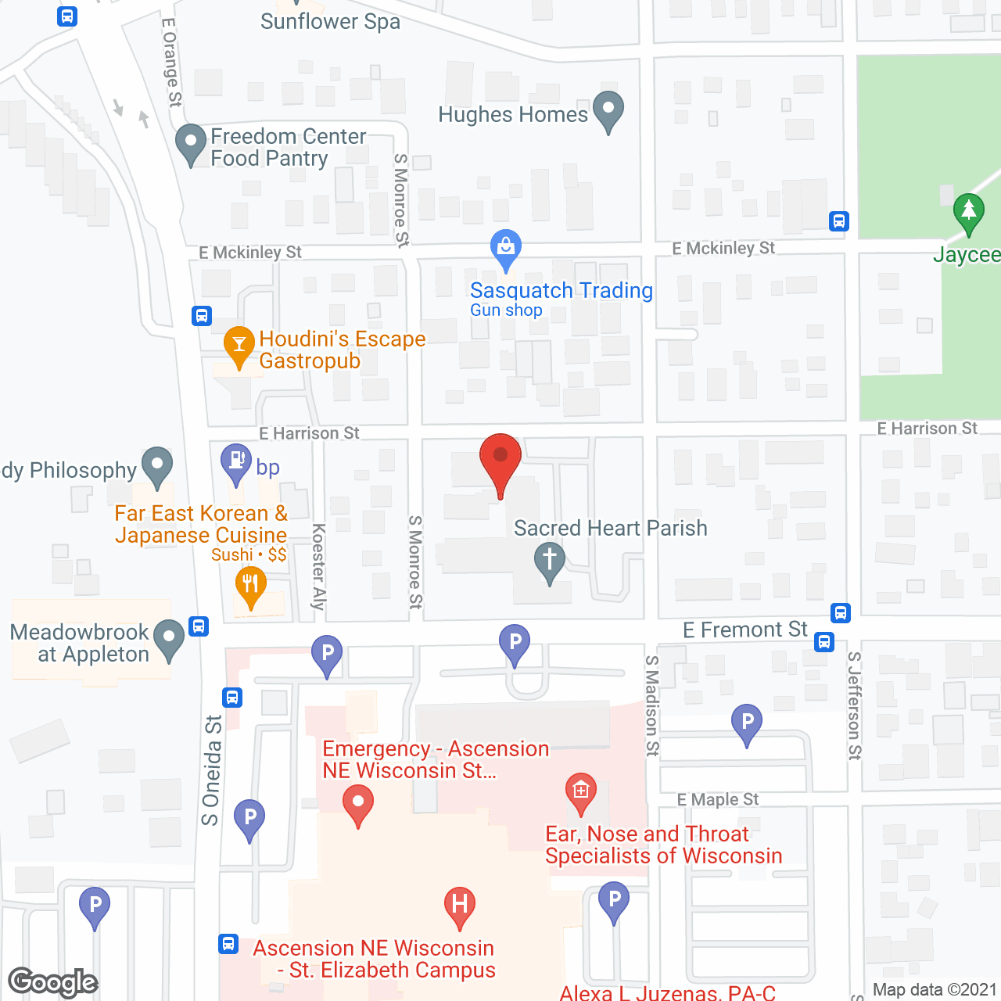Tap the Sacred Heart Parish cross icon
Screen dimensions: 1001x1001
(x=550, y=561)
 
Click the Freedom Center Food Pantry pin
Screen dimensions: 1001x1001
(x=190, y=142)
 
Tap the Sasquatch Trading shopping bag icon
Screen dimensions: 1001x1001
(x=506, y=247)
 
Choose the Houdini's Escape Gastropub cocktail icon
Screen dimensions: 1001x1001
(x=239, y=344)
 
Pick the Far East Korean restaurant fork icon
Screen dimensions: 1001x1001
(x=250, y=584)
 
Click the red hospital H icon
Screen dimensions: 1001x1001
(x=460, y=904)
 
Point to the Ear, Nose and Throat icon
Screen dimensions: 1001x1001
(x=580, y=791)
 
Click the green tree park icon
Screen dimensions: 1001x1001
(x=968, y=211)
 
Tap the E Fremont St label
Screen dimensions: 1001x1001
(x=744, y=630)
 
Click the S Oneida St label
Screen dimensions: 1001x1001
(x=211, y=770)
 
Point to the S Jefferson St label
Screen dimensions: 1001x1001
(x=855, y=705)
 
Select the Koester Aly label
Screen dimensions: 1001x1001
(x=318, y=566)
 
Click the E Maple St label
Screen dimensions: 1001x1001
(x=718, y=799)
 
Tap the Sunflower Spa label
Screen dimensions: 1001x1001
(x=330, y=21)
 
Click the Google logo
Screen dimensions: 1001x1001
(x=53, y=982)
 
